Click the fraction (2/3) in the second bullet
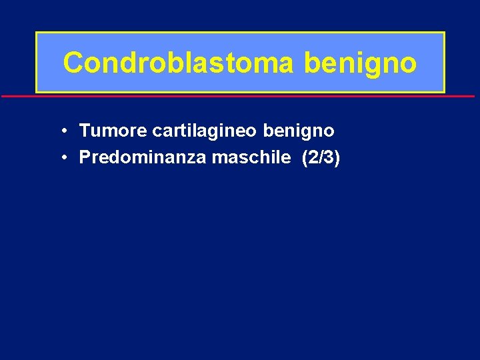pyautogui.click(x=321, y=157)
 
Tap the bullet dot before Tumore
pyautogui.click(x=61, y=131)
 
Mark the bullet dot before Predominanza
pyautogui.click(x=61, y=158)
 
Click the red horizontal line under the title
pyautogui.click(x=240, y=97)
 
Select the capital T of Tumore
pyautogui.click(x=84, y=131)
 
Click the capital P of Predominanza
pyautogui.click(x=84, y=157)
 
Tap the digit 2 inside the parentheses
pyautogui.click(x=313, y=157)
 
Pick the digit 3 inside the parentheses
pyautogui.click(x=329, y=157)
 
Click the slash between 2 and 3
pyautogui.click(x=321, y=157)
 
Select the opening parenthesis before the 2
pyautogui.click(x=305, y=158)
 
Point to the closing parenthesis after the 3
pyautogui.click(x=337, y=158)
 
